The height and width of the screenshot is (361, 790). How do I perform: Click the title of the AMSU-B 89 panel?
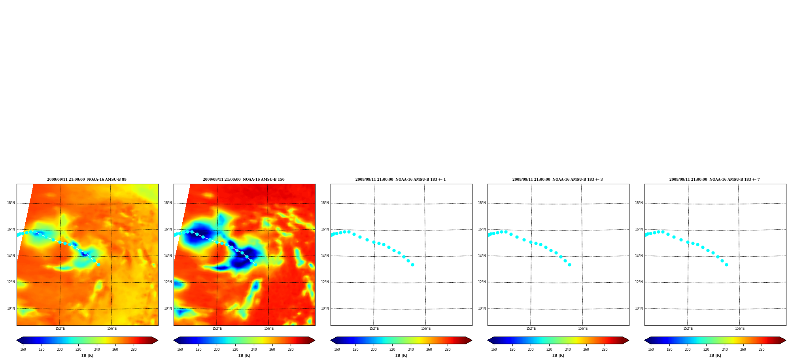pos(87,180)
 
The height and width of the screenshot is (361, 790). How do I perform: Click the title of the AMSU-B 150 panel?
pos(244,180)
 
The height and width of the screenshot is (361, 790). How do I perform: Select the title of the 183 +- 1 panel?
pos(401,180)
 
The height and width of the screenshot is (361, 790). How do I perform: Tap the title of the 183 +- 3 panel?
pos(558,180)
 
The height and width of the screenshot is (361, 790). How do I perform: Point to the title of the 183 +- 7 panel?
pos(714,180)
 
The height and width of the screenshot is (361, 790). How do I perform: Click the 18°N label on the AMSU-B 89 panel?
pos(11,203)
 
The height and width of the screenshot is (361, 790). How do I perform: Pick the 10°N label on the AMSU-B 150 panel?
pos(168,308)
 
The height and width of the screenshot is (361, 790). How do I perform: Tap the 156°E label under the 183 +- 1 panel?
pos(426,329)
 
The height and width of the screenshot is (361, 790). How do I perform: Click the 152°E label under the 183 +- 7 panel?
pos(688,329)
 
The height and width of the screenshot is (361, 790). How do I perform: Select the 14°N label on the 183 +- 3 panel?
pos(482,256)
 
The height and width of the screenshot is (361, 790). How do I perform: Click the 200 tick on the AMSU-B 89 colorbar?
pos(60,350)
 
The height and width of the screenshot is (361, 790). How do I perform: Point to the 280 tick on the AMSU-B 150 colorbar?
pos(291,350)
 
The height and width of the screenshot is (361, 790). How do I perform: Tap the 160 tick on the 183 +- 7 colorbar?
pos(651,350)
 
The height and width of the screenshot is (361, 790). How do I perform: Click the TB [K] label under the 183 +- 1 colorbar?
pos(401,355)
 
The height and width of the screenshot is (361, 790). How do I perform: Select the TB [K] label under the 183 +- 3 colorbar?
pos(558,355)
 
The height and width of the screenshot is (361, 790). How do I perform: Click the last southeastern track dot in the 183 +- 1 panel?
pos(412,265)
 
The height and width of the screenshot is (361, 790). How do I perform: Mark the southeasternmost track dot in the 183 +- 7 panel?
pos(726,265)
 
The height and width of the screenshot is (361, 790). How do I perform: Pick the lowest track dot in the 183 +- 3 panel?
pos(569,265)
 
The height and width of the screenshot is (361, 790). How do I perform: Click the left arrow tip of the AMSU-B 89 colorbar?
pos(17,340)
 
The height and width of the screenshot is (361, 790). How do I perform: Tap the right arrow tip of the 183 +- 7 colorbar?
pos(786,340)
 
